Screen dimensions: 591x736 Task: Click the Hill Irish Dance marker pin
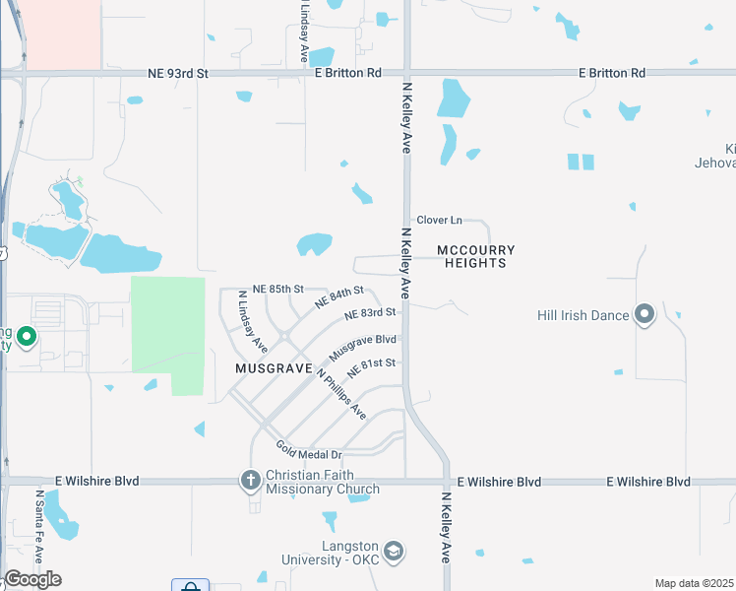(x=644, y=315)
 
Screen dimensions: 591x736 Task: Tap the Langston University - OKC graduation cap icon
(x=394, y=550)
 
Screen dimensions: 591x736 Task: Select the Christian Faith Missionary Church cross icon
(x=251, y=482)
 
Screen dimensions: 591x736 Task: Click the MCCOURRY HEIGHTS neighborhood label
(x=476, y=256)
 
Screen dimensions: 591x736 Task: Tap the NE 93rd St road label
(x=178, y=73)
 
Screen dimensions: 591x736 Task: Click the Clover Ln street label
(x=439, y=221)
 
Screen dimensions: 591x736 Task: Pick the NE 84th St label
(x=338, y=296)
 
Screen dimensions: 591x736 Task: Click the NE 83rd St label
(x=370, y=313)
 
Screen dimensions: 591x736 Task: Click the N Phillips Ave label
(x=340, y=394)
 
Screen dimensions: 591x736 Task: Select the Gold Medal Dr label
(x=308, y=452)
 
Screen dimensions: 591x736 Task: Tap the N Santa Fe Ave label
(x=40, y=527)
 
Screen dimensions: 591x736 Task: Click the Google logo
(x=31, y=579)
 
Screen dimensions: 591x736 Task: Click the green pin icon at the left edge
(x=28, y=339)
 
